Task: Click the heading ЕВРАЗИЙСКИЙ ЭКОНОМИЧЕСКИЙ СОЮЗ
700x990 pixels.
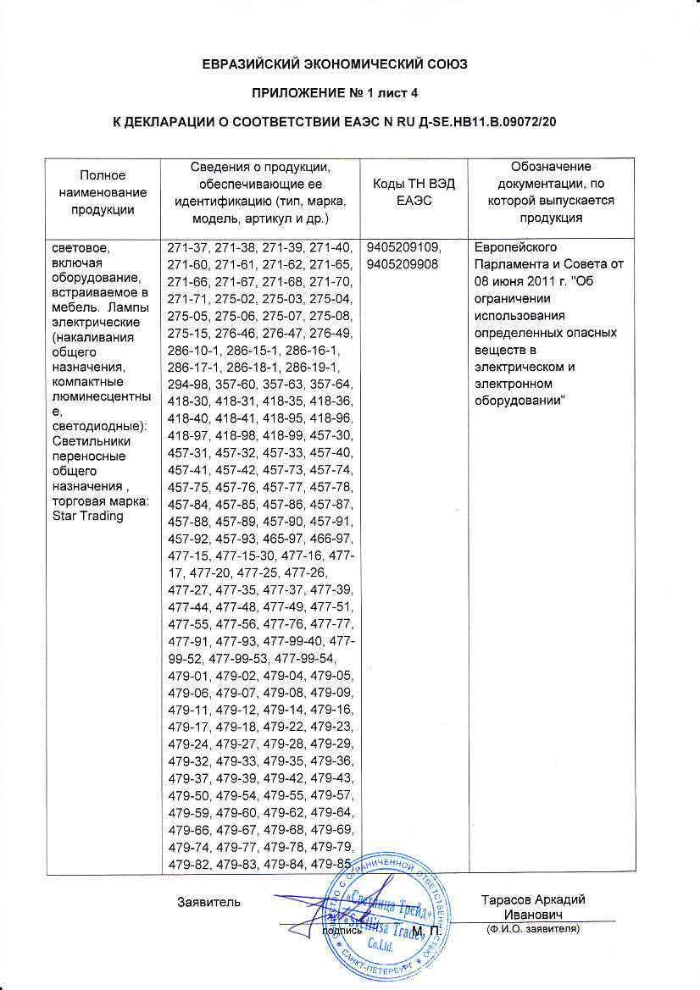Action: coord(349,64)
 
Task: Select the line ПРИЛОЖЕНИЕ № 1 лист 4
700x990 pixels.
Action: coord(349,93)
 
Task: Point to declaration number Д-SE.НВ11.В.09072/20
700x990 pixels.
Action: coord(483,122)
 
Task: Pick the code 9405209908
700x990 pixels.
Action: coord(399,263)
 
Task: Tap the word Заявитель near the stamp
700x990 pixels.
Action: coord(209,900)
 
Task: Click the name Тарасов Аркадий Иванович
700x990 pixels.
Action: coord(532,907)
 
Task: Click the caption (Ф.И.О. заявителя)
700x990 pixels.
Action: coord(532,929)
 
